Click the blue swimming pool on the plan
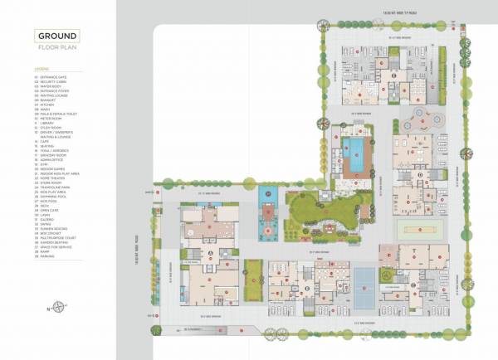click(x=355, y=153)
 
